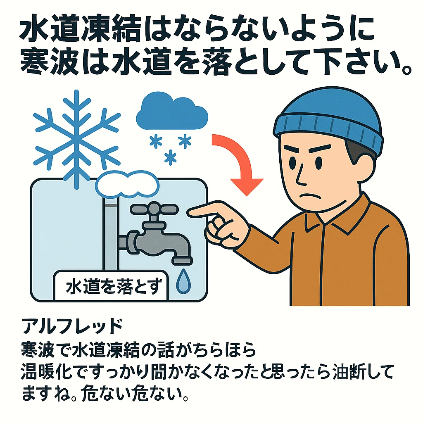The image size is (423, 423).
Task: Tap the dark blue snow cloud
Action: coord(172,112)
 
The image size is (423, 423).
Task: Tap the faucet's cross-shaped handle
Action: coord(154,209)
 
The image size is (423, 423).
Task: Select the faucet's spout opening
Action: coord(182,261)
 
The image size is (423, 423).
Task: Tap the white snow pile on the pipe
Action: coord(127,183)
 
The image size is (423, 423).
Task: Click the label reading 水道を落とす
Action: coord(114,287)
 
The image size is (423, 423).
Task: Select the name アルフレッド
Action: coord(72,326)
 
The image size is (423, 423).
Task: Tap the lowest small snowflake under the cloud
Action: coord(170,157)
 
